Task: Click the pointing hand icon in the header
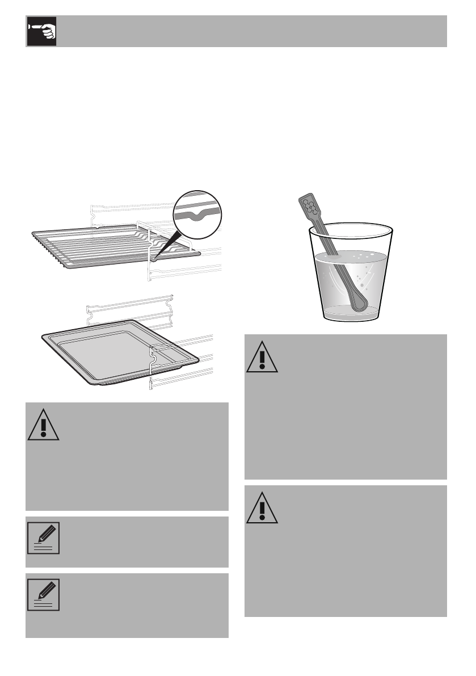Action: point(41,31)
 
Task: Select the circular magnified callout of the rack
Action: point(197,214)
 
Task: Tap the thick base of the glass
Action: point(351,313)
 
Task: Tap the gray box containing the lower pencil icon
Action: point(127,605)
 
